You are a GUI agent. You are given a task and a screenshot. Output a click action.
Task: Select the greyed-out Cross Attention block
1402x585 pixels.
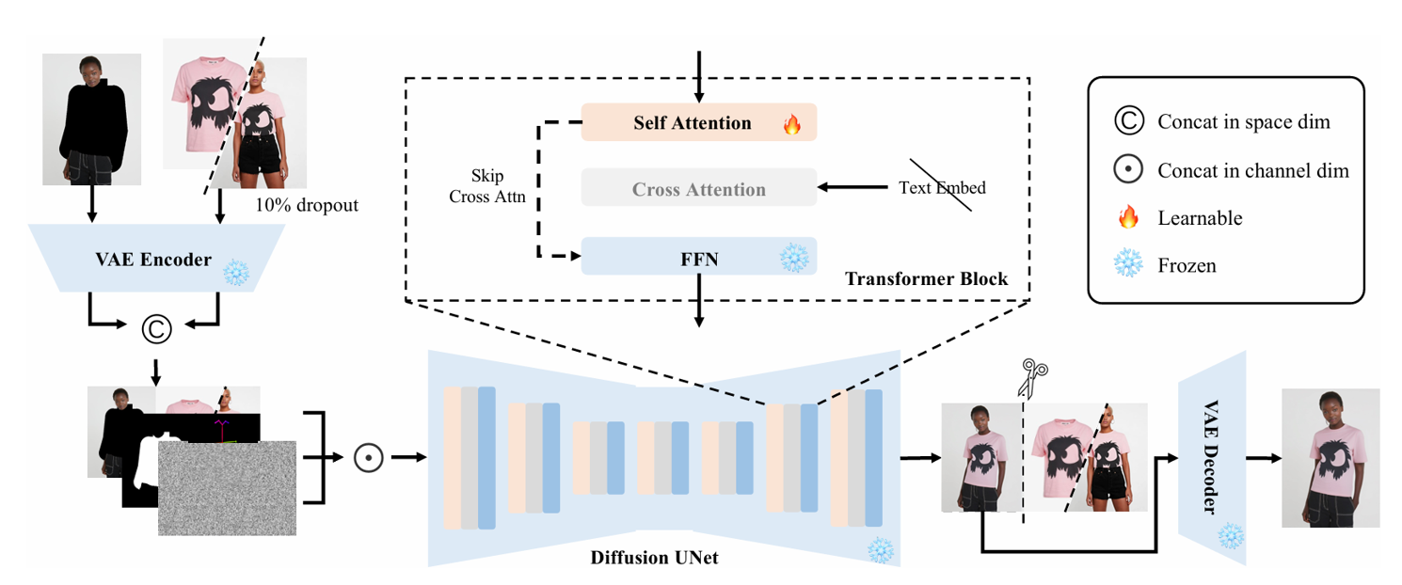click(698, 189)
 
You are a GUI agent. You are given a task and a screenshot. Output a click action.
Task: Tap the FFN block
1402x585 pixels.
click(698, 257)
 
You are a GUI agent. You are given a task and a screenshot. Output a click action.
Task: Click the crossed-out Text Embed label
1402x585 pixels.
click(943, 188)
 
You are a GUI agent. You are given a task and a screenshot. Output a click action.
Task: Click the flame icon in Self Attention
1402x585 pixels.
click(792, 124)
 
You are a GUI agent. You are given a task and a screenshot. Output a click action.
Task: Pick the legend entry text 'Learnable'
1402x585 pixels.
click(1200, 218)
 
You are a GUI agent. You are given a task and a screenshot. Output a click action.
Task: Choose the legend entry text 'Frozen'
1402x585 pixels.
click(1187, 266)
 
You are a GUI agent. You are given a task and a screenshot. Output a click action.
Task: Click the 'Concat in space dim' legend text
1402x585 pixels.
click(1243, 122)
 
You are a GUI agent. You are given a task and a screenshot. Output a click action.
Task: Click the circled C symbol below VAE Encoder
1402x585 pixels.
click(156, 328)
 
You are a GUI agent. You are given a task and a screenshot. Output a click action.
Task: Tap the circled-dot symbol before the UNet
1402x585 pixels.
click(367, 458)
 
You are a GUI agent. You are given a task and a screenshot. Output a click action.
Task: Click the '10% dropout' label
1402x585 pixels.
click(307, 205)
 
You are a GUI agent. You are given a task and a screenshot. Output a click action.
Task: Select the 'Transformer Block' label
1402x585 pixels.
click(926, 279)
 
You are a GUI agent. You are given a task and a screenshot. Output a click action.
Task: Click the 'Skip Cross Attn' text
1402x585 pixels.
click(487, 186)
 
